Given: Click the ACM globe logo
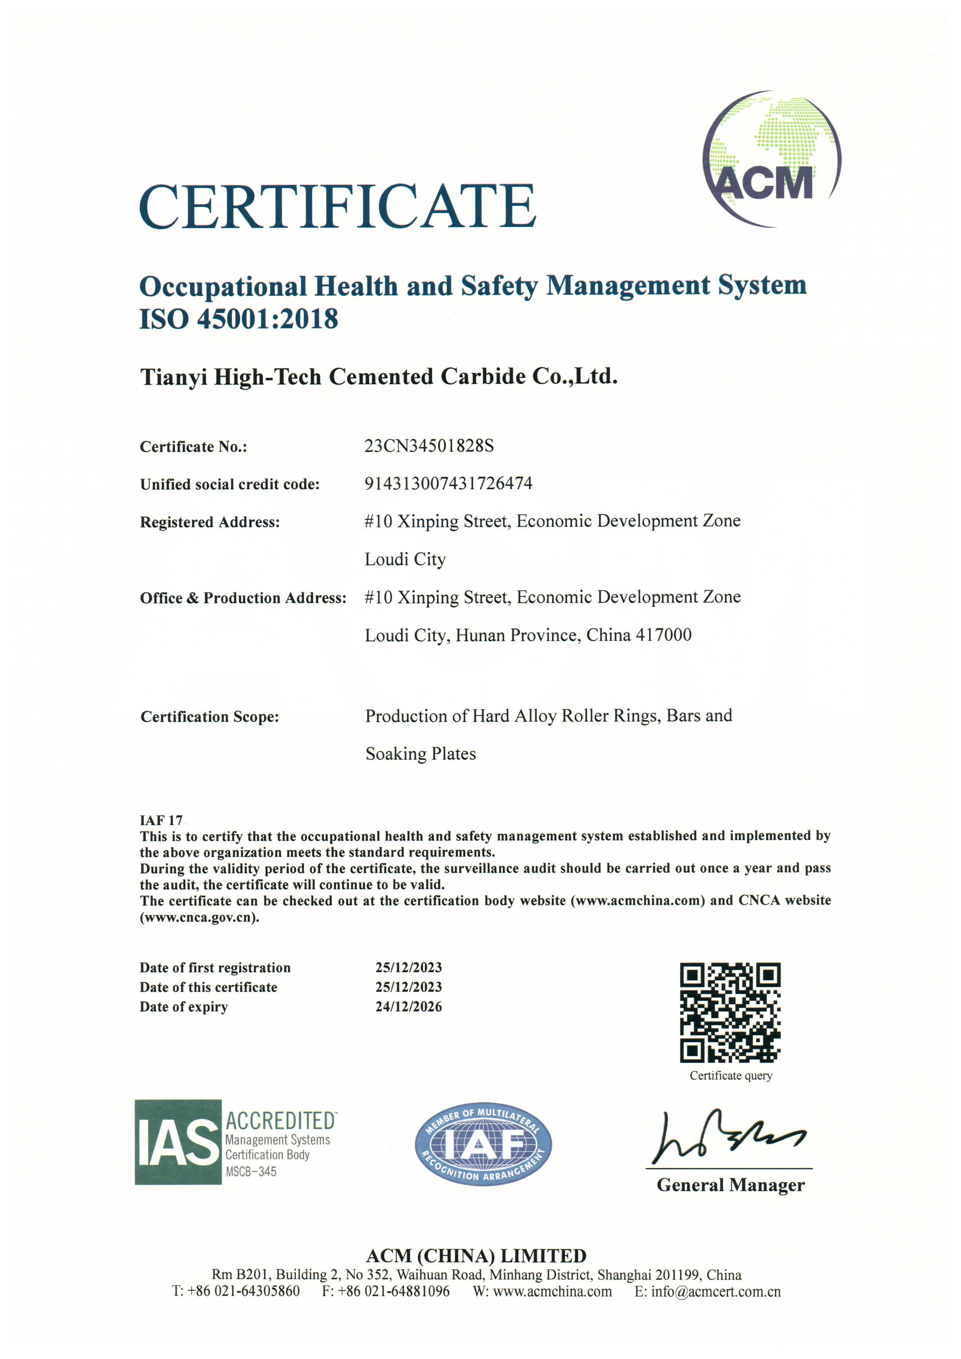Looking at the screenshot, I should pyautogui.click(x=771, y=159).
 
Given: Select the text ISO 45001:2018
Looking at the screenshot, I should pyautogui.click(x=238, y=319).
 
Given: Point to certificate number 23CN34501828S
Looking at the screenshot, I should pyautogui.click(x=429, y=446).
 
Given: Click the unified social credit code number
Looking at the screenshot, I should pyautogui.click(x=448, y=484).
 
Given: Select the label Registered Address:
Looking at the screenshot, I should pyautogui.click(x=210, y=522).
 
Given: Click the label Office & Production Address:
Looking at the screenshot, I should pyautogui.click(x=243, y=598).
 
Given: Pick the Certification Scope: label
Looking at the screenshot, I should pyautogui.click(x=210, y=717).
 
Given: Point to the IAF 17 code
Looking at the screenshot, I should pyautogui.click(x=161, y=820).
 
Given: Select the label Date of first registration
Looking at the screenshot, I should pyautogui.click(x=215, y=967).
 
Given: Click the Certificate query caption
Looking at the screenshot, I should pyautogui.click(x=731, y=1075).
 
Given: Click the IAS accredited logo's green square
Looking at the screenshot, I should pyautogui.click(x=177, y=1142).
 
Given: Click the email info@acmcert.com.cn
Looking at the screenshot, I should pyautogui.click(x=715, y=1292).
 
